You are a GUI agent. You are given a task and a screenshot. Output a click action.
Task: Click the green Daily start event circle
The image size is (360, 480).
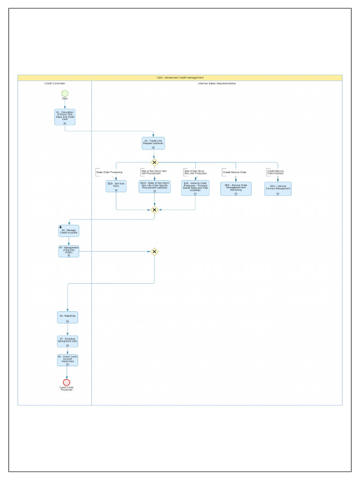coord(65,94)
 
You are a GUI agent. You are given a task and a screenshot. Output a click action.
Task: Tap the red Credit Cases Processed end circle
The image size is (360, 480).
coord(67,382)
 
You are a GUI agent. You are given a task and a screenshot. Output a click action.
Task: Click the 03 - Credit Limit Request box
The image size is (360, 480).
coord(153,143)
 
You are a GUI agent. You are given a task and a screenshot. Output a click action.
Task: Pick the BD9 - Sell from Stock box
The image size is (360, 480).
coord(116,187)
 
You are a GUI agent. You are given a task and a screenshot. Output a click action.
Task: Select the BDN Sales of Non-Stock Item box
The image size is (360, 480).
coord(154,187)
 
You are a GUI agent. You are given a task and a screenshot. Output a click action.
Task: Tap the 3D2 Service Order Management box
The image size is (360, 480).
coord(236,188)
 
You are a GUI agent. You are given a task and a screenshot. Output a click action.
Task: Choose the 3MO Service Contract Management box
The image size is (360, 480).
coord(277,188)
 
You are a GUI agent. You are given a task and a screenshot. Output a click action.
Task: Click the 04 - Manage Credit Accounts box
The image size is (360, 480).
coord(68,231)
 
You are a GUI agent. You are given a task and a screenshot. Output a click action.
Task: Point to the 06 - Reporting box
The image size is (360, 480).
coord(67,317)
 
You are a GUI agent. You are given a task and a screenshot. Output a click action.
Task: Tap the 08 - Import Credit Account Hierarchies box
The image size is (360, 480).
coord(67,360)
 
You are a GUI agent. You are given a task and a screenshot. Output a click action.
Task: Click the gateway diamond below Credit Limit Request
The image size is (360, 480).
coord(154,162)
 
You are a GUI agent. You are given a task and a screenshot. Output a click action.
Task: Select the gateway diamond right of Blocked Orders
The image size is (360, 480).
coord(154,252)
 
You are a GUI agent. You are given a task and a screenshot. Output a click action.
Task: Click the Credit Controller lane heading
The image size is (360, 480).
coord(55,83)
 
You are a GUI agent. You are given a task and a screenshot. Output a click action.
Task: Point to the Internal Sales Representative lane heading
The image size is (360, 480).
coord(217,83)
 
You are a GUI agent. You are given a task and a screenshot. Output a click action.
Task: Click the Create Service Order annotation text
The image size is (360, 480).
coord(234,172)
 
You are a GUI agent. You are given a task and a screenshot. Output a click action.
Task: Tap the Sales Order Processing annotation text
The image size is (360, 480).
coord(110,172)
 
